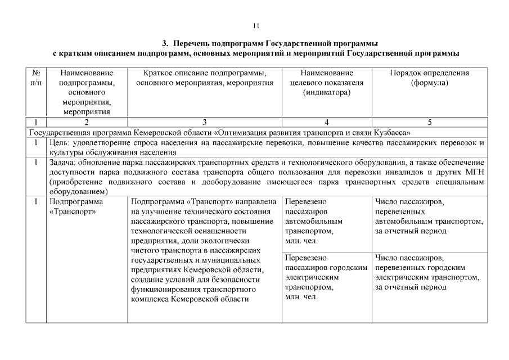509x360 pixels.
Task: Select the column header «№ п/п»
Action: (x=36, y=78)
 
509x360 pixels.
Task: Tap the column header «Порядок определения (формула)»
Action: (x=429, y=78)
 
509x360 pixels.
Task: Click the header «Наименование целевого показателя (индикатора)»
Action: (x=327, y=83)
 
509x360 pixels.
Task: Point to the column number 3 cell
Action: (x=205, y=121)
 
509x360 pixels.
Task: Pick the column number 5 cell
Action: (x=429, y=121)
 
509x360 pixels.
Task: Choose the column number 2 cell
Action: (x=87, y=121)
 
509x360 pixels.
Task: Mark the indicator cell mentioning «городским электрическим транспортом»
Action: (x=326, y=277)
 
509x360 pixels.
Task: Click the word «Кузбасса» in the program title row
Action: (x=394, y=133)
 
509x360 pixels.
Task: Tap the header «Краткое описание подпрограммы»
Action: (x=205, y=78)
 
